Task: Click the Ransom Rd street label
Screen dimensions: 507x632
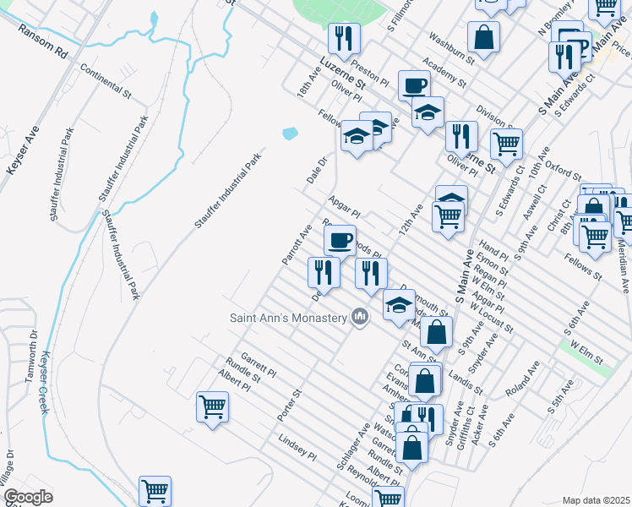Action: (x=43, y=41)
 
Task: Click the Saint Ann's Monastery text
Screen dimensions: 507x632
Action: (x=288, y=318)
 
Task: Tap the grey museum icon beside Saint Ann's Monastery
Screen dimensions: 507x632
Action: (x=361, y=317)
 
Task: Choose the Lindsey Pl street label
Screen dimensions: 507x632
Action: (x=297, y=447)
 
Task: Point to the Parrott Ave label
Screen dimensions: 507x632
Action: (x=297, y=244)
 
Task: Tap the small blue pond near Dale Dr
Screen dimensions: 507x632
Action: (x=290, y=134)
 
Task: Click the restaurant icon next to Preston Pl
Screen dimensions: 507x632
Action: (x=344, y=38)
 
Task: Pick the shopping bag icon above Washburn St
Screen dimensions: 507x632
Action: (x=483, y=37)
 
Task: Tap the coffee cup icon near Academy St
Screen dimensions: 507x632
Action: (x=414, y=85)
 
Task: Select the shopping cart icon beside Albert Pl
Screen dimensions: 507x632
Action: (x=212, y=406)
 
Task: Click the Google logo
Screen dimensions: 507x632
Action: (x=28, y=497)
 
